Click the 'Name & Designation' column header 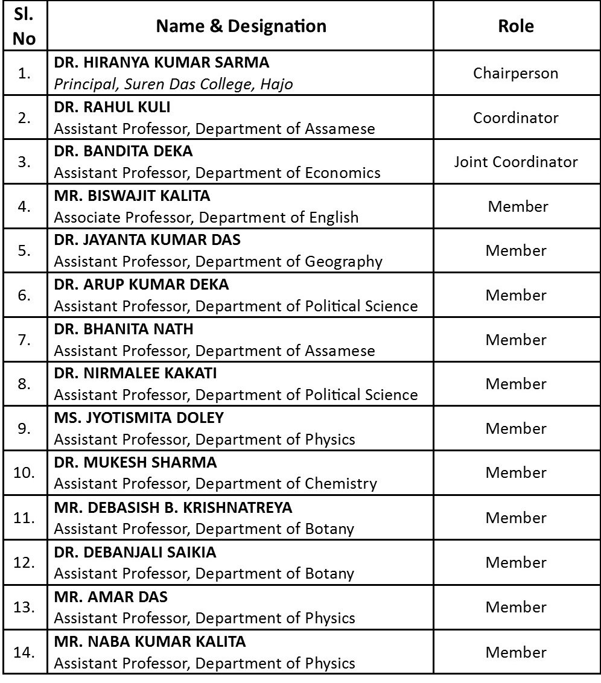pyautogui.click(x=241, y=26)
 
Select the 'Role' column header pyautogui.click(x=515, y=26)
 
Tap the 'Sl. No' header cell pyautogui.click(x=24, y=26)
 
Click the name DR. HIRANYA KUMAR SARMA pyautogui.click(x=162, y=62)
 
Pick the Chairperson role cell pyautogui.click(x=515, y=73)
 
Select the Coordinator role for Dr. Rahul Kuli pyautogui.click(x=515, y=118)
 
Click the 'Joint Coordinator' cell pyautogui.click(x=515, y=162)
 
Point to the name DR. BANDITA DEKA pyautogui.click(x=123, y=151)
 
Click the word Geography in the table pyautogui.click(x=343, y=261)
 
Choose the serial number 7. pyautogui.click(x=24, y=340)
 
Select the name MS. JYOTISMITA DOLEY pyautogui.click(x=139, y=418)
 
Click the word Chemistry pyautogui.click(x=340, y=483)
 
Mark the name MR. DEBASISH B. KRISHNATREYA pyautogui.click(x=173, y=507)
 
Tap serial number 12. pyautogui.click(x=24, y=562)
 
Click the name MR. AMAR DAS pyautogui.click(x=111, y=597)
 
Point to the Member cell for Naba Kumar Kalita pyautogui.click(x=515, y=652)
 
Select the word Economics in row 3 pyautogui.click(x=342, y=173)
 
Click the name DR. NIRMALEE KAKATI pyautogui.click(x=135, y=373)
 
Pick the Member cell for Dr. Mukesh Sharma pyautogui.click(x=515, y=472)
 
